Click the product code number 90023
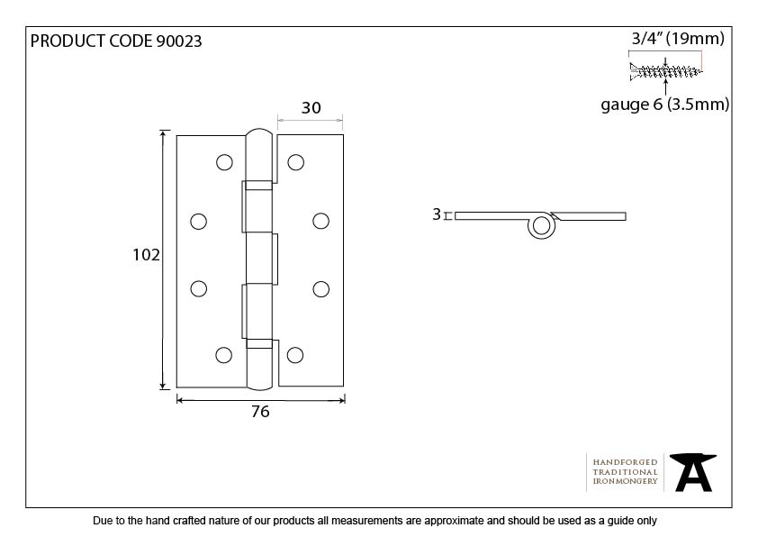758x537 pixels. click(x=179, y=41)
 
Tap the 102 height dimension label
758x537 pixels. click(x=146, y=254)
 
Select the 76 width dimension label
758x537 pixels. click(x=260, y=411)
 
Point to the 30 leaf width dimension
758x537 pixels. click(x=311, y=107)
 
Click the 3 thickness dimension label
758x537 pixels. click(x=437, y=214)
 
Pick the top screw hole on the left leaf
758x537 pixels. click(x=224, y=162)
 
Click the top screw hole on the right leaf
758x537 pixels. click(x=296, y=162)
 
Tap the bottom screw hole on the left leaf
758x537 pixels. click(x=223, y=355)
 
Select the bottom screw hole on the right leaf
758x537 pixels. click(x=295, y=355)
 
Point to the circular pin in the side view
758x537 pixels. click(x=541, y=226)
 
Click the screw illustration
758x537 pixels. click(x=665, y=71)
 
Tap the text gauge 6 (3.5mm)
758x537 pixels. click(x=664, y=105)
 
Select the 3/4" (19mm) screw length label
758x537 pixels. click(x=678, y=38)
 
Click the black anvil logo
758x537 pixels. click(x=693, y=472)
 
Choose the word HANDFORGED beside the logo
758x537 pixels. click(x=625, y=462)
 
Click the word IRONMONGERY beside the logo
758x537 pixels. click(x=625, y=481)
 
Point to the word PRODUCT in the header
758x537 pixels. click(x=68, y=41)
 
